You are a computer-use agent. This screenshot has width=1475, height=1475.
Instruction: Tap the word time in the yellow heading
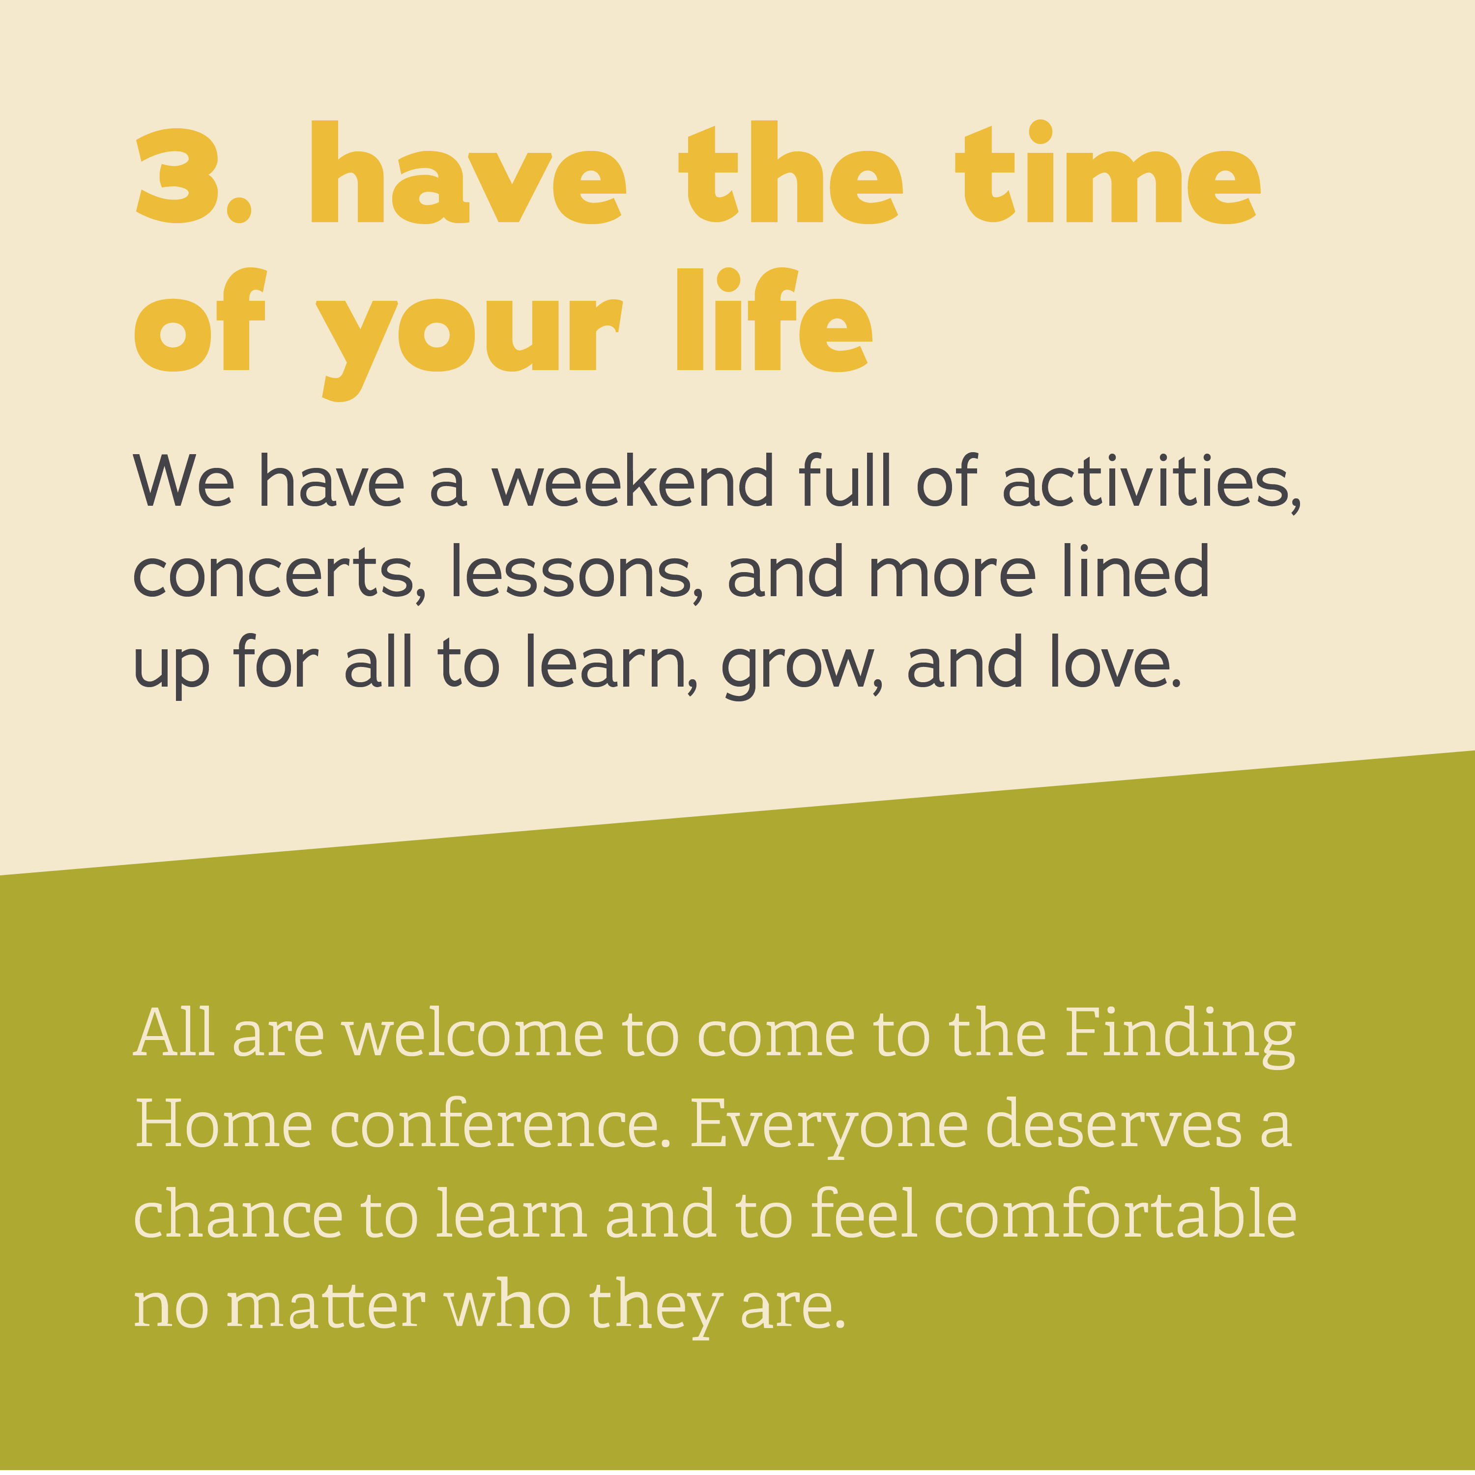pos(1108,173)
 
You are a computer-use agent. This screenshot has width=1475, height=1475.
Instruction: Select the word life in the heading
pos(774,320)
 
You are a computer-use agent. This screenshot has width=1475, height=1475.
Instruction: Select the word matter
pos(325,1306)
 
